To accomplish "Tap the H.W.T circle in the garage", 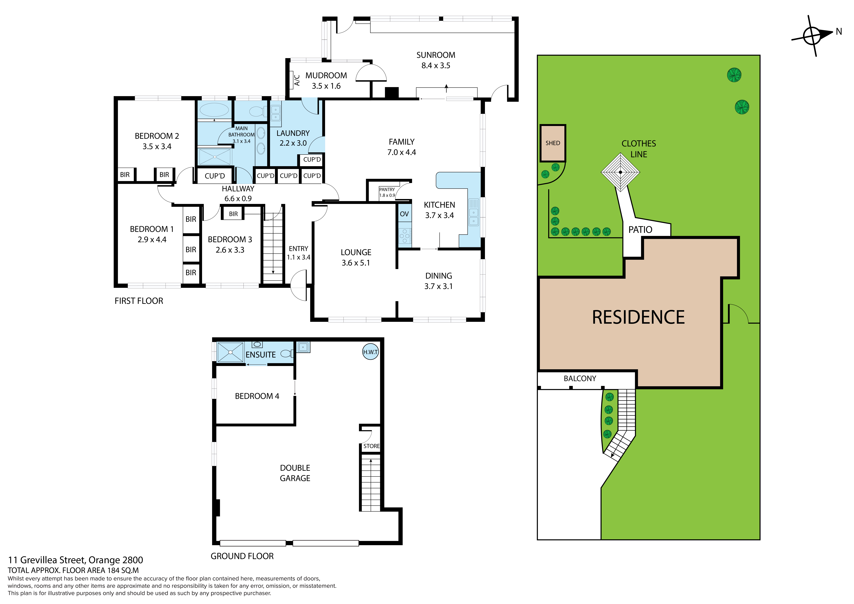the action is click(x=371, y=352).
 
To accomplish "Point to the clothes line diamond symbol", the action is click(x=620, y=172).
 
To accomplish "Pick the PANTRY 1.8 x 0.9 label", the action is click(x=387, y=192).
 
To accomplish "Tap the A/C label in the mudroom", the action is click(x=297, y=80).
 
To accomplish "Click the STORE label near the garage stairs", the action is click(x=372, y=446).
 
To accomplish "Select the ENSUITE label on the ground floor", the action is click(x=261, y=355).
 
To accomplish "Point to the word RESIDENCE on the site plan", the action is click(x=638, y=317).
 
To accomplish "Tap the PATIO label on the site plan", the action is click(x=640, y=229).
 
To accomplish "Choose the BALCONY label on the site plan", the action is click(x=580, y=379).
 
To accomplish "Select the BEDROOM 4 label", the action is click(x=257, y=396).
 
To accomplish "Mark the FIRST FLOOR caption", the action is click(x=139, y=301).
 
